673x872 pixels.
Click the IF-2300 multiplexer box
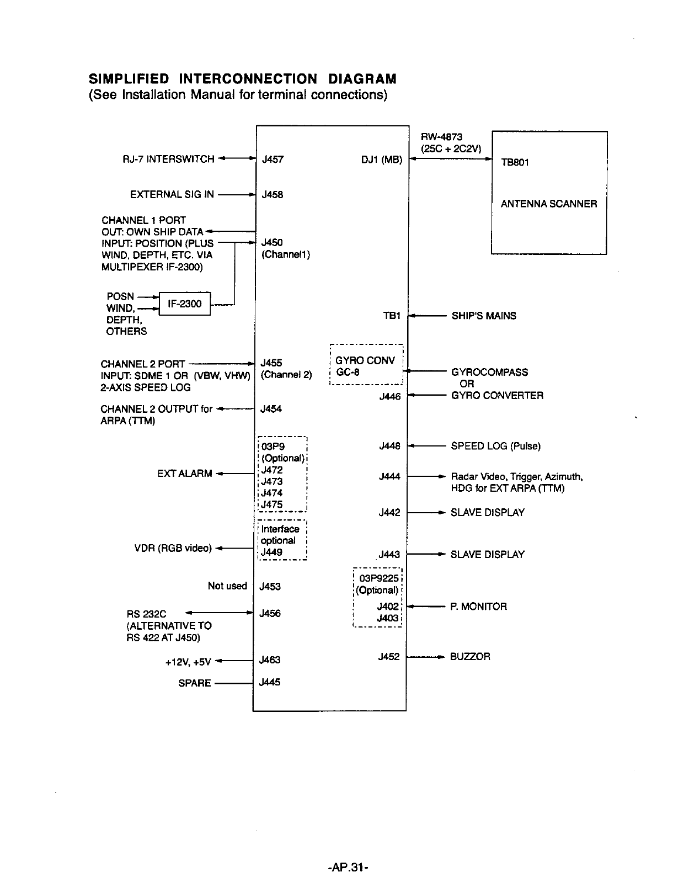click(185, 304)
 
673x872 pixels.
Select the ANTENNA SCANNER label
click(548, 204)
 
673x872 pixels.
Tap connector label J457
click(273, 159)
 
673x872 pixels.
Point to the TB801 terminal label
click(514, 163)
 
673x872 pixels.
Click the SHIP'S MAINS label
click(483, 316)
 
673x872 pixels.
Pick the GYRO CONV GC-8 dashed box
click(366, 366)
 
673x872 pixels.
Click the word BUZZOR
click(470, 657)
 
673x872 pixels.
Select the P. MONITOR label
click(478, 607)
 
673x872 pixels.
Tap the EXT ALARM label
click(184, 474)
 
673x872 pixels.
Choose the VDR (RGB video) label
click(173, 548)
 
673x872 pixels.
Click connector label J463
click(270, 660)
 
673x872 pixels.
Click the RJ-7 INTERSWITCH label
click(168, 159)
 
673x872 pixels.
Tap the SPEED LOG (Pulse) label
click(495, 446)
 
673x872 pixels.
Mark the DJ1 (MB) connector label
click(382, 159)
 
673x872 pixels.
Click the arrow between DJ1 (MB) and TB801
click(450, 159)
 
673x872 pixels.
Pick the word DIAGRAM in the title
click(361, 79)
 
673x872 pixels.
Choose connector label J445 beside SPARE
click(270, 682)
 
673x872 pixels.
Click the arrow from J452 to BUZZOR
click(425, 657)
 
